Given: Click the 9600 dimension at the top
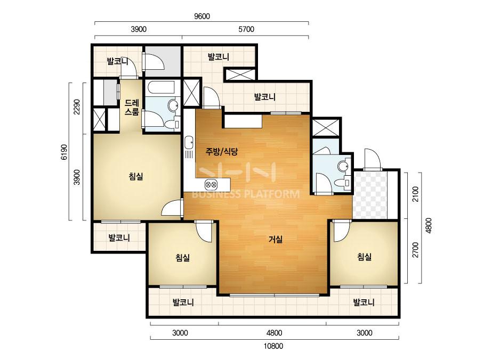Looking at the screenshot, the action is (202, 17).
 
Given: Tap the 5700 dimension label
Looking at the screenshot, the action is (246, 29).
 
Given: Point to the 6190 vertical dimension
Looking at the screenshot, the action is (64, 152).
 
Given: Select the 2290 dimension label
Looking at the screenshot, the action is (77, 107).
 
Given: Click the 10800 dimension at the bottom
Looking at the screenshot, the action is (273, 346).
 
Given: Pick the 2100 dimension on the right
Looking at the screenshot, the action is (415, 194).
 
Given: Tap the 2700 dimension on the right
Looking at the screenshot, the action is (415, 250).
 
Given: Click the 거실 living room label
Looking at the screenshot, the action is (276, 240).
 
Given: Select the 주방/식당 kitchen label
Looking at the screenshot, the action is (222, 152).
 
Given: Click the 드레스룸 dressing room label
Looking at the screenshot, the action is (132, 107).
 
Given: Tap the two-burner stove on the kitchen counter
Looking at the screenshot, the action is (211, 184).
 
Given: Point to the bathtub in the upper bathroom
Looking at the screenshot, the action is (162, 88).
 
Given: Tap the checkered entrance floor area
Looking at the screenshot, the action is (370, 195).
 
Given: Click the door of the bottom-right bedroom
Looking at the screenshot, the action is (341, 231).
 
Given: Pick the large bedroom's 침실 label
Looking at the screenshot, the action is (136, 177).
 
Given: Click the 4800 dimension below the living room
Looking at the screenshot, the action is (274, 333).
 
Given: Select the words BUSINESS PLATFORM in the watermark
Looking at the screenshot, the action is (245, 194).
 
